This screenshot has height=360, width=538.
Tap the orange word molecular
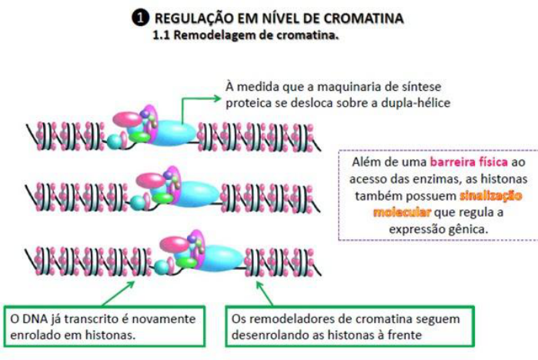(x=400, y=212)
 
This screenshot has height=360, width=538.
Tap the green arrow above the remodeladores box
(x=264, y=294)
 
